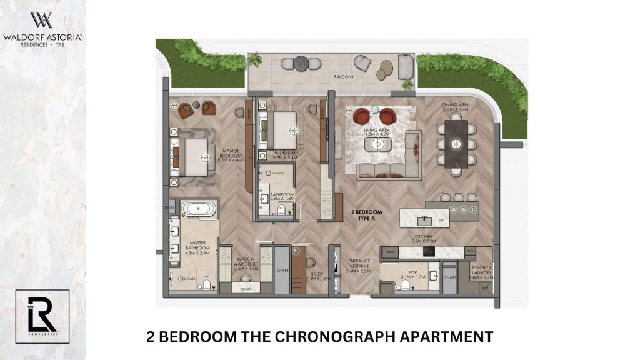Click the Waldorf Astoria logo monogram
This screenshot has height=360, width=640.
[42, 21]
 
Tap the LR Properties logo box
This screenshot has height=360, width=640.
[42, 316]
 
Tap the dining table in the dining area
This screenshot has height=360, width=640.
[456, 144]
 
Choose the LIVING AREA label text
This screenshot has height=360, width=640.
[376, 131]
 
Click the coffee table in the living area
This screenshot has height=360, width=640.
[377, 145]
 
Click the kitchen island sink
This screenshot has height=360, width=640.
[424, 218]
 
